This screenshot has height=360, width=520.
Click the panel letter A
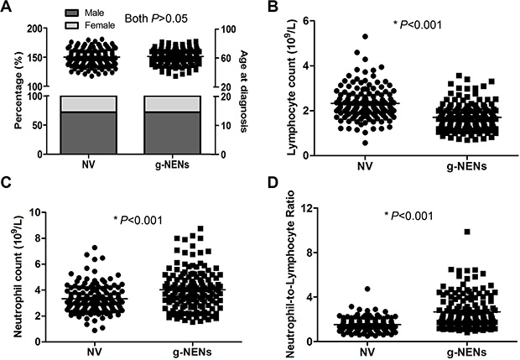click(x=8, y=7)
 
